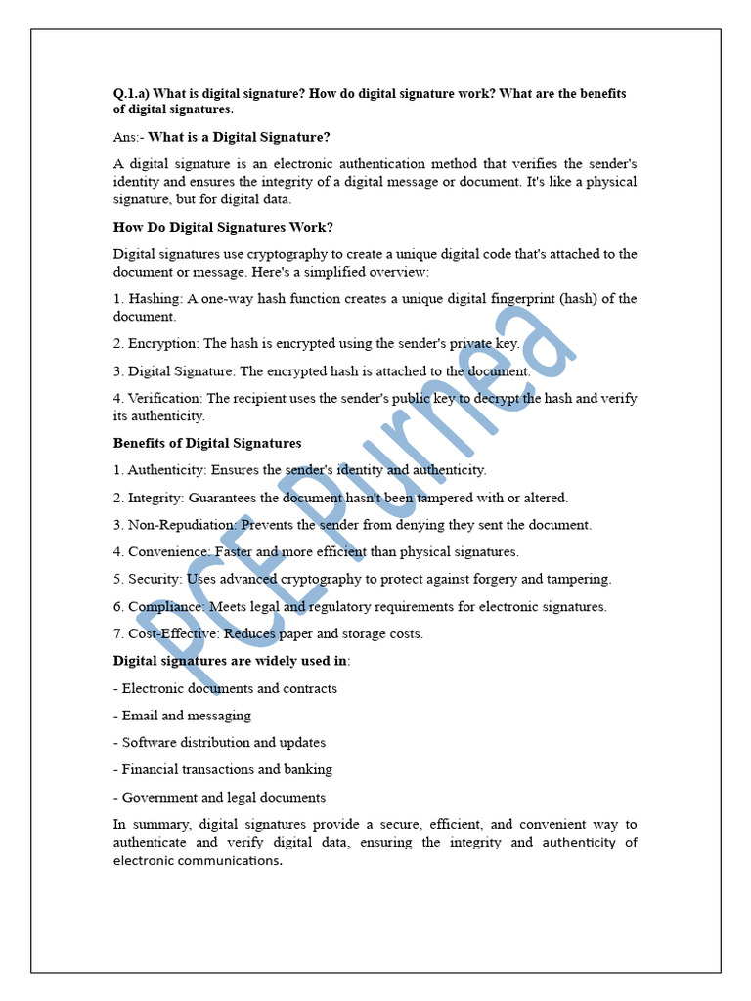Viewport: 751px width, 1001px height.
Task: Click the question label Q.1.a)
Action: [x=132, y=94]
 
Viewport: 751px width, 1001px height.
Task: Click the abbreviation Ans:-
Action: [x=128, y=137]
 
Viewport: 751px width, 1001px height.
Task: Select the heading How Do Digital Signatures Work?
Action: [x=224, y=227]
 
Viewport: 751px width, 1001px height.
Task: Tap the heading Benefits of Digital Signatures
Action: [x=207, y=443]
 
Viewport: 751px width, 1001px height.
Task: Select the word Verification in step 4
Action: [x=164, y=399]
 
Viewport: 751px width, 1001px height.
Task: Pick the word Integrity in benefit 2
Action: [x=155, y=498]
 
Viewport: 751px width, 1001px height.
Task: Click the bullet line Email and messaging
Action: [x=186, y=716]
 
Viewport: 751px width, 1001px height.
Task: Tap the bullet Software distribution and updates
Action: [x=224, y=743]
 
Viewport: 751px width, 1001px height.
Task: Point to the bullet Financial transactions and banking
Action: [x=227, y=769]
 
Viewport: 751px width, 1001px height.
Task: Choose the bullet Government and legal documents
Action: [x=224, y=797]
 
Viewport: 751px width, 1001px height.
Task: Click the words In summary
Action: [x=149, y=825]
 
